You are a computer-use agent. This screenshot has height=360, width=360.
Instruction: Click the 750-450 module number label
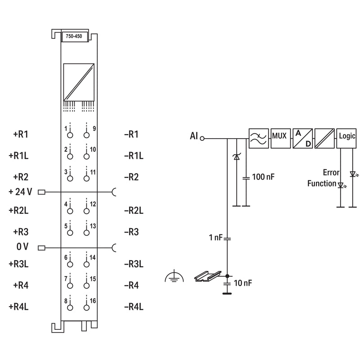74,36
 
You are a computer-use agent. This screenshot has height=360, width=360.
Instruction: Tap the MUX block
280,139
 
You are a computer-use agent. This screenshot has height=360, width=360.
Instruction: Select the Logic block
346,139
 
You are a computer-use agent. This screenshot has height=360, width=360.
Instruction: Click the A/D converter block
302,139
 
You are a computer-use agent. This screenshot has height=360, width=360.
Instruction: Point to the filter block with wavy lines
258,139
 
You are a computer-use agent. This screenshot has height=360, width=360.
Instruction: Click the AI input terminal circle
202,139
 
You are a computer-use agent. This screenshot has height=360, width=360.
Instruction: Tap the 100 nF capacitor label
263,177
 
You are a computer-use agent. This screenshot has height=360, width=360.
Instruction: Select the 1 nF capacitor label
216,238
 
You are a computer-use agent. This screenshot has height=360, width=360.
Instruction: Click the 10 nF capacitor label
243,283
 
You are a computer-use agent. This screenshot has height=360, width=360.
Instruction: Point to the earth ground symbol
174,277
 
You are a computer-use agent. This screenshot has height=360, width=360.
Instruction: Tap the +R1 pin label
21,134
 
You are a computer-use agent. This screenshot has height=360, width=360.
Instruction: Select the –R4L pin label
134,306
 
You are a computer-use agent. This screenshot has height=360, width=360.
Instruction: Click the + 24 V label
20,192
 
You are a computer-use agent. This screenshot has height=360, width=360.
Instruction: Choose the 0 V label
22,247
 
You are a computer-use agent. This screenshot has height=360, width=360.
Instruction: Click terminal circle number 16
86,308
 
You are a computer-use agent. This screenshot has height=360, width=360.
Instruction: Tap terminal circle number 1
70,135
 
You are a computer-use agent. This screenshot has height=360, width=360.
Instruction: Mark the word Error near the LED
331,172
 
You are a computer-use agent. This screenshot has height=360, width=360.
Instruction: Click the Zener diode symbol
236,157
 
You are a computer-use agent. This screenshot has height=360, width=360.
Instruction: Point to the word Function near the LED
322,184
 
